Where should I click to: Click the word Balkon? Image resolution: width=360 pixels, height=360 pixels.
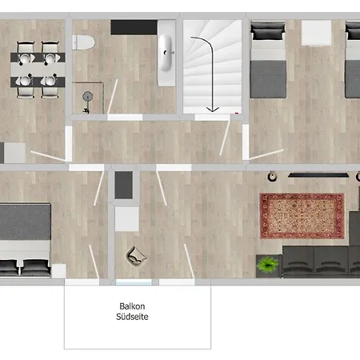point(132,306)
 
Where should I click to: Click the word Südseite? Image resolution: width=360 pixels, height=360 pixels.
point(132,317)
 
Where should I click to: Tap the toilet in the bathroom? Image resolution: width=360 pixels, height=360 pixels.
point(83,42)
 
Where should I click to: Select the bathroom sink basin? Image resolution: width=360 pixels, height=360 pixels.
point(166,53)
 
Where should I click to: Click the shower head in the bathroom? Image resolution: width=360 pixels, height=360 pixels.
point(87,96)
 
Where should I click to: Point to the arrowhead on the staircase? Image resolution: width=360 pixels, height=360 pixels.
point(213,109)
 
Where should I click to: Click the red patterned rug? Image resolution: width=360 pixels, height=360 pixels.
point(302,216)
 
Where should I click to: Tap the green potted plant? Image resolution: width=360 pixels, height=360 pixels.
point(268,264)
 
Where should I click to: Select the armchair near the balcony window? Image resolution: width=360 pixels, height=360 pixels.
point(136,256)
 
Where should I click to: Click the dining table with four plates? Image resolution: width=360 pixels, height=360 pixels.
point(38,70)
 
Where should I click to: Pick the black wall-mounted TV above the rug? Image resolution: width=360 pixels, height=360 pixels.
point(318,175)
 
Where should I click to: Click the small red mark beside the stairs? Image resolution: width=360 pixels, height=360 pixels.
point(237,114)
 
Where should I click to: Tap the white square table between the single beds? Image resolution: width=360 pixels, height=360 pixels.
point(316,33)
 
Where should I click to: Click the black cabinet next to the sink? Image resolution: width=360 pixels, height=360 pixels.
point(134,27)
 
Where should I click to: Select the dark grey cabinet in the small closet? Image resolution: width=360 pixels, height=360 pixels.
point(123,185)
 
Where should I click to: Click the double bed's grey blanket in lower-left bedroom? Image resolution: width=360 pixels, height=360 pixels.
point(26,222)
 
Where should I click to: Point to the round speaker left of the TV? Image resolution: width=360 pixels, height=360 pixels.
point(272,177)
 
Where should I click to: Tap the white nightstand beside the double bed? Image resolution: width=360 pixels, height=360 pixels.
point(58,271)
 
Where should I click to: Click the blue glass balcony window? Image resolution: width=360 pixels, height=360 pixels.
point(134,282)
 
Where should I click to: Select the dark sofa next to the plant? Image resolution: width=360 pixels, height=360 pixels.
point(321,262)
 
